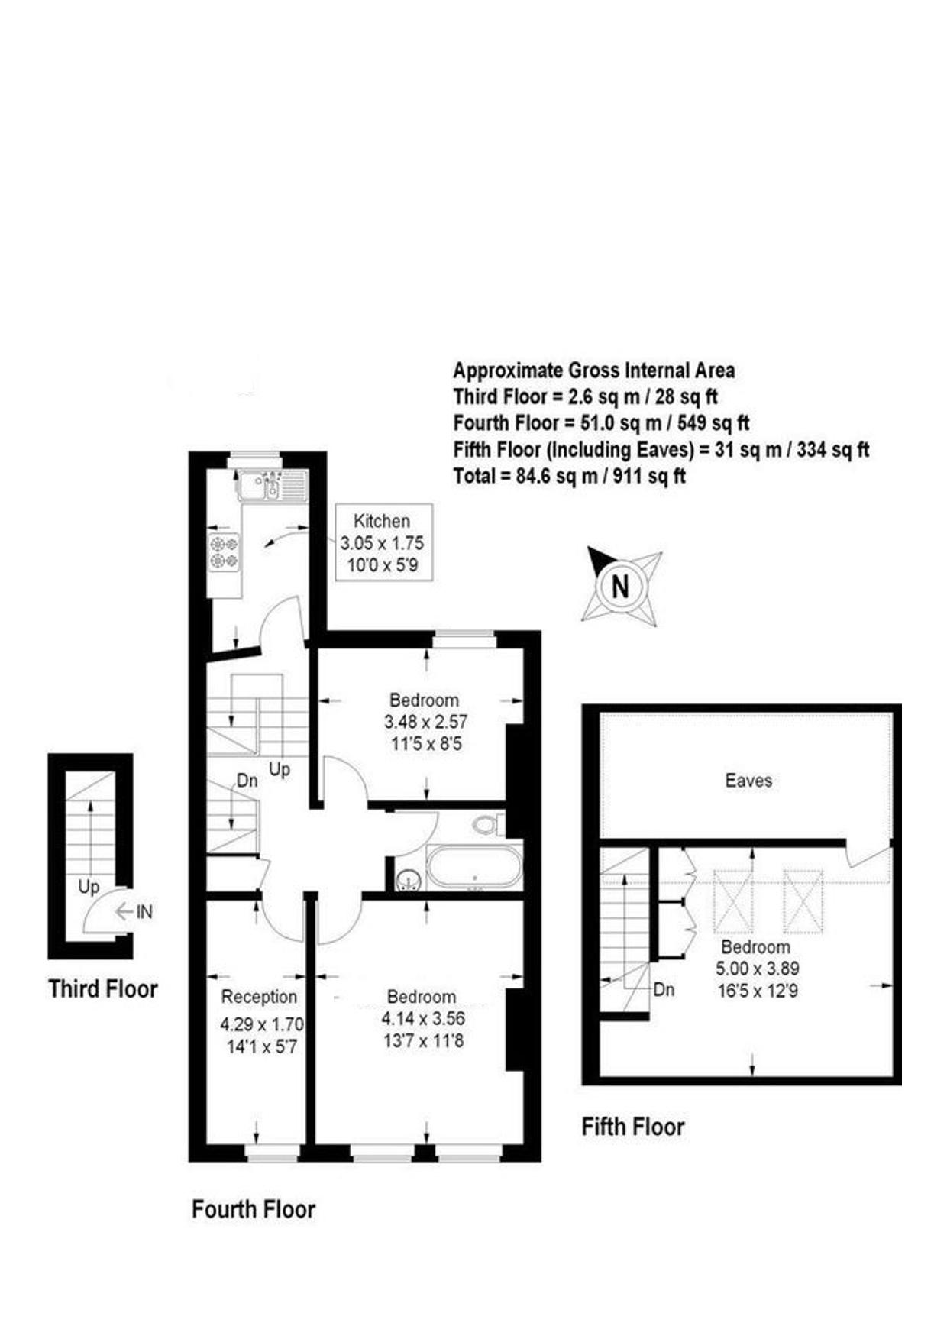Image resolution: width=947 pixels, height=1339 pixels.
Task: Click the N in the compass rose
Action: (x=620, y=586)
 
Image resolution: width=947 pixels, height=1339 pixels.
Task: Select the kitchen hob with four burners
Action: (x=225, y=552)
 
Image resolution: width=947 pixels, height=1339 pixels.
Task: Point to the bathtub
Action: (x=473, y=867)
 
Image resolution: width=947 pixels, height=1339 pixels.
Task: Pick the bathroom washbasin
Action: (x=409, y=881)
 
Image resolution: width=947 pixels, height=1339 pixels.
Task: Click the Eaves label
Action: (x=748, y=781)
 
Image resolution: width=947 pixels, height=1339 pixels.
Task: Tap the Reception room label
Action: (x=259, y=997)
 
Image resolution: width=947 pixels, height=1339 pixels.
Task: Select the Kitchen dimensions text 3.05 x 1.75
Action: (x=382, y=544)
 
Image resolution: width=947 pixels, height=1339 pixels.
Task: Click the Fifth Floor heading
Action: (x=632, y=1127)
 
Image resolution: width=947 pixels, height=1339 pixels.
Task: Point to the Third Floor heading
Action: (x=103, y=988)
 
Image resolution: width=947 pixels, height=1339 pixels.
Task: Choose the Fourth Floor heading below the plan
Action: (x=253, y=1209)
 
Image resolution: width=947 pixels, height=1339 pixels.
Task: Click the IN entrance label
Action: (x=144, y=911)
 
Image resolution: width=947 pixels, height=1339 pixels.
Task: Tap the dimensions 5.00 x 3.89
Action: (x=757, y=969)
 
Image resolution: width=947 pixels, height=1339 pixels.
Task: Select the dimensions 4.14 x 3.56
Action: (x=422, y=1018)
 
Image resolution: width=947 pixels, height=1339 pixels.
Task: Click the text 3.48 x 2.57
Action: (x=425, y=721)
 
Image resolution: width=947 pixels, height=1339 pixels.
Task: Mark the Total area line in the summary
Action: (x=569, y=477)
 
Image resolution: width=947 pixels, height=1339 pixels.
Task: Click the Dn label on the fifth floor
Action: (x=664, y=989)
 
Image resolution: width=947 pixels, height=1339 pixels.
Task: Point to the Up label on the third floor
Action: (x=89, y=887)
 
